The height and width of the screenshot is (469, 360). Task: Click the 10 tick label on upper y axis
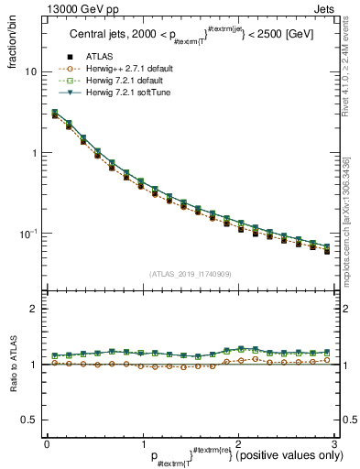coord(31,71)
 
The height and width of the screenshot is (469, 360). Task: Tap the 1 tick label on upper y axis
coord(34,153)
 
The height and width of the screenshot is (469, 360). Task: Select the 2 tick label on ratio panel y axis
coord(34,310)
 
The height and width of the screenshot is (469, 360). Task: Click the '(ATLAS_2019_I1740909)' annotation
coord(191,274)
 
